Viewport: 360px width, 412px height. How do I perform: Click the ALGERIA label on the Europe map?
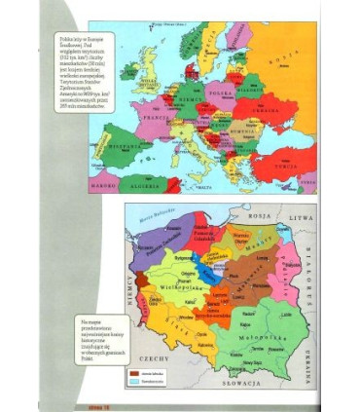[146, 183]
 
